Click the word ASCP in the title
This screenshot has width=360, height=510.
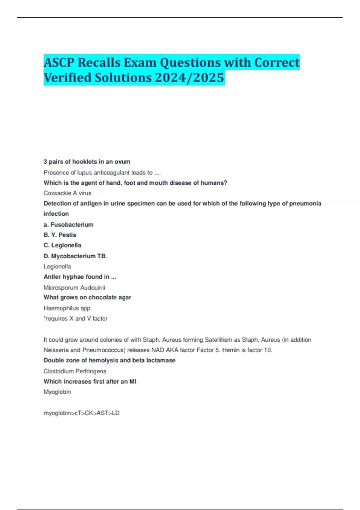coord(59,62)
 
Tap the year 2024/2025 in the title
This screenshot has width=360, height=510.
coord(190,77)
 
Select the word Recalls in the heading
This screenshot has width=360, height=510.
coord(99,62)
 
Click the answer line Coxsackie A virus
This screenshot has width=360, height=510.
coord(67,193)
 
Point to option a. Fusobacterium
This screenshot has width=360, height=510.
coord(69,225)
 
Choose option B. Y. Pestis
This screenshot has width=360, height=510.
coord(60,235)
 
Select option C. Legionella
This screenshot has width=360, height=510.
coord(62,245)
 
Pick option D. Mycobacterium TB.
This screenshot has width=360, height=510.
coord(75,256)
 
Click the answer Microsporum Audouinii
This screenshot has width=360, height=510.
coord(74,288)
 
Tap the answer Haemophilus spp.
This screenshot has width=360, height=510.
coord(68,308)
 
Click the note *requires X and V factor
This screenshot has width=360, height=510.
coord(76,319)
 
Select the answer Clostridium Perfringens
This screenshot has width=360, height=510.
coord(75,371)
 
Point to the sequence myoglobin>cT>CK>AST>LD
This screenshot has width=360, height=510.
coord(82,413)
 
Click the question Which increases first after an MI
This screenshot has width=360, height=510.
coord(90,382)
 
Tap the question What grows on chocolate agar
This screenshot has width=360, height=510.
coord(88,298)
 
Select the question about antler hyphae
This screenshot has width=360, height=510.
coord(80,277)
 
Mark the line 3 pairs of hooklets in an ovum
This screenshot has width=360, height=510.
coord(87,162)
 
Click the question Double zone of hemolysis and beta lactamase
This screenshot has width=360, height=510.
coord(109,361)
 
